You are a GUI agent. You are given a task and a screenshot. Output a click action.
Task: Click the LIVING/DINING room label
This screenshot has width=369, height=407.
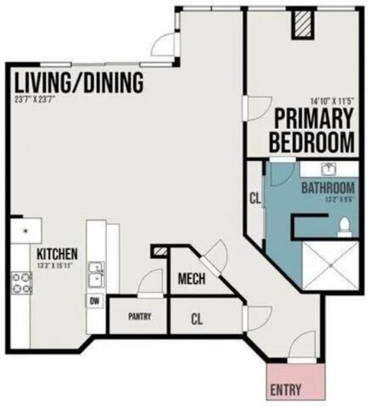point(79,82)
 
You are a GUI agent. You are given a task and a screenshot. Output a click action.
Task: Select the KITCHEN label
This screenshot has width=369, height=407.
point(57,254)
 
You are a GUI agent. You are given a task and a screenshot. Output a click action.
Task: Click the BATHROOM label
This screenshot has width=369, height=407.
point(328,188)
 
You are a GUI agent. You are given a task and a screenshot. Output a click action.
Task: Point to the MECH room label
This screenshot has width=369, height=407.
point(192,279)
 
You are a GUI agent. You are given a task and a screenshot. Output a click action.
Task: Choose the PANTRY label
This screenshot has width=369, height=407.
point(140,316)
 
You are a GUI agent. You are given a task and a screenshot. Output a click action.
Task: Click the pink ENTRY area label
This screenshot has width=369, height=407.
point(285,390)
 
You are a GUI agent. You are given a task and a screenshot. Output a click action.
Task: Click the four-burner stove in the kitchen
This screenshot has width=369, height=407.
point(22,283)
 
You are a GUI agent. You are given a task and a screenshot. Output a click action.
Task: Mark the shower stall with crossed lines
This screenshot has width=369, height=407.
point(331,265)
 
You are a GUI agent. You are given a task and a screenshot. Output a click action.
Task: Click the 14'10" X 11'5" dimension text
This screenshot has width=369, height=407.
point(332,100)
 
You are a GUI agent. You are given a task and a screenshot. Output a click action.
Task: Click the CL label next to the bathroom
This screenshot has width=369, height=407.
point(255,199)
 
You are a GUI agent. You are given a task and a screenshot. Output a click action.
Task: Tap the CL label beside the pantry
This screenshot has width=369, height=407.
point(197,319)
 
